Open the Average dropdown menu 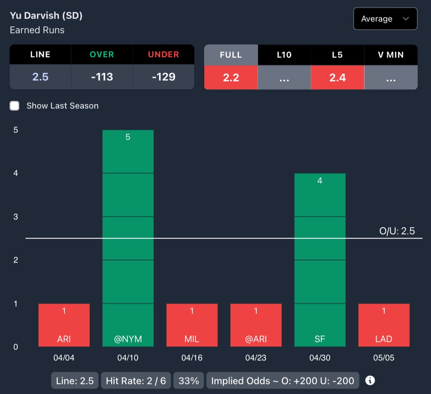tap(385, 19)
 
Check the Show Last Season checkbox tap(15, 106)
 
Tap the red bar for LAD tap(384, 325)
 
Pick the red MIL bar tap(192, 325)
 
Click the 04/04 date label tap(64, 358)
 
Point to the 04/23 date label tap(256, 358)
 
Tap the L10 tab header tap(284, 55)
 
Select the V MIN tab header tap(391, 55)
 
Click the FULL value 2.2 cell tap(231, 77)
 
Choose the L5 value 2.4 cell tap(338, 77)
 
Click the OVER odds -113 tap(102, 77)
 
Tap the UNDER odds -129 tap(163, 77)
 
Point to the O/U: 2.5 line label tap(397, 231)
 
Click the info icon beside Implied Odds tap(370, 381)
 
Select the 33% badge tap(189, 381)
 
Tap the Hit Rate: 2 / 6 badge tap(136, 381)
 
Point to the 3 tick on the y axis tap(16, 217)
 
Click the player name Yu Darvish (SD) tap(46, 16)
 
